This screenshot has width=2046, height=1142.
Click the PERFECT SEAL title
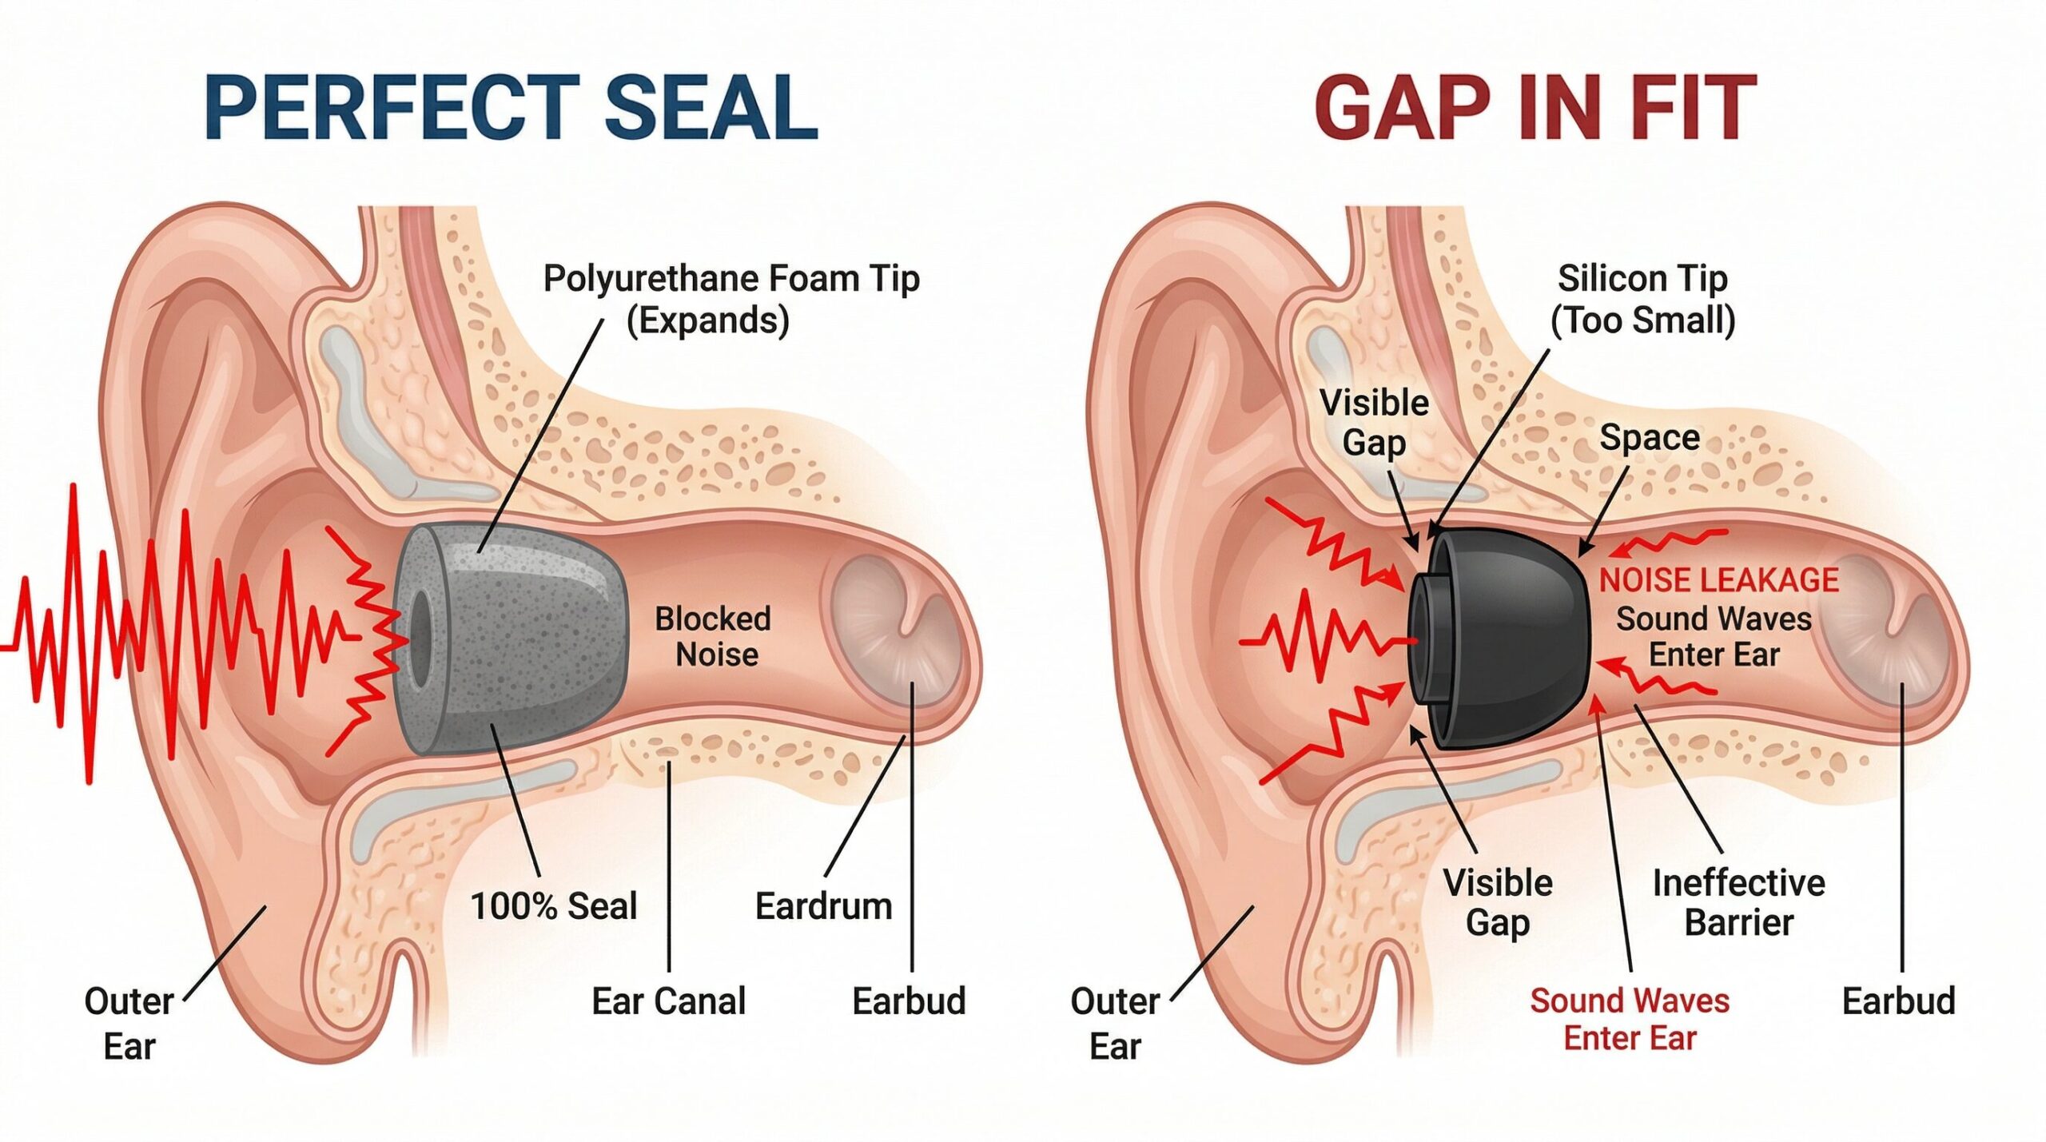point(511,108)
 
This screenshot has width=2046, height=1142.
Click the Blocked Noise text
point(714,636)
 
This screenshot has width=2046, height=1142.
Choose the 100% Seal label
point(554,906)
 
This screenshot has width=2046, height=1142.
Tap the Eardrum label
point(823,906)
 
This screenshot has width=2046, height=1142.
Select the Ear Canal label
point(668,1001)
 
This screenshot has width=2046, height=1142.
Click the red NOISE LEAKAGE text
point(1718,579)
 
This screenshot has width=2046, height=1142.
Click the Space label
point(1650,437)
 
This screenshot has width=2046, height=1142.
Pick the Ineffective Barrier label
point(1739,902)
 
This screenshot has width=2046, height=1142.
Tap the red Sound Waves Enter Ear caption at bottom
point(1630,1019)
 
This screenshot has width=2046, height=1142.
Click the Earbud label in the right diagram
point(1898,1001)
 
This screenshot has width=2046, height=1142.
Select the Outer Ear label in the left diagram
point(129,1023)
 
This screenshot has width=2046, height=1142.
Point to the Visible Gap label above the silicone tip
point(1374,422)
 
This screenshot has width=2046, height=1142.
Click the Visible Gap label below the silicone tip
point(1498,902)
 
